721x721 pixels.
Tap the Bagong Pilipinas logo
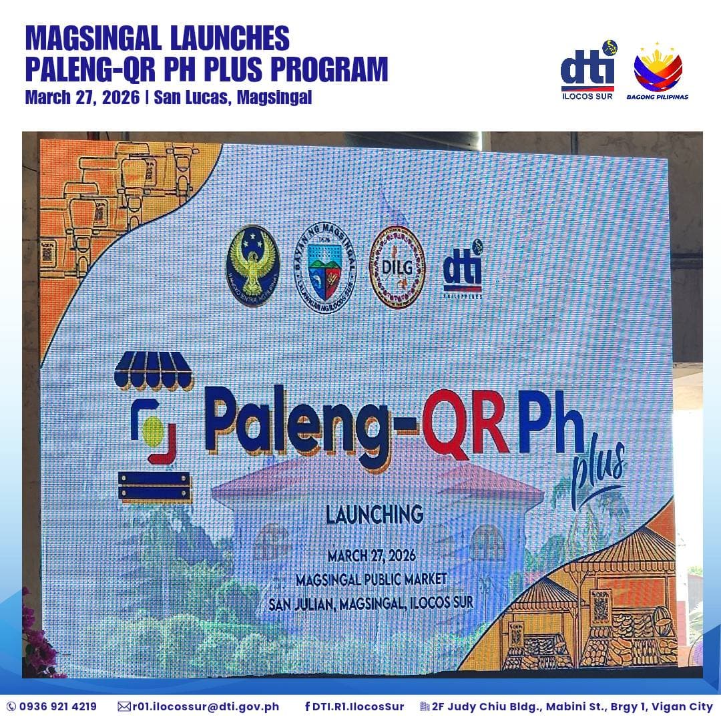click(x=658, y=72)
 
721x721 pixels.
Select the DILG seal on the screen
click(x=397, y=267)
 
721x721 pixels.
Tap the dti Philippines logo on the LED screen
click(x=463, y=270)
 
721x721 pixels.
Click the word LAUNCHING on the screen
click(x=374, y=515)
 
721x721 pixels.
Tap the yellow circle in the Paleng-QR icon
click(x=153, y=431)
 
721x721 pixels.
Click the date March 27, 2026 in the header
click(x=81, y=97)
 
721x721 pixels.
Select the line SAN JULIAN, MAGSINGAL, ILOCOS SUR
click(x=371, y=602)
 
